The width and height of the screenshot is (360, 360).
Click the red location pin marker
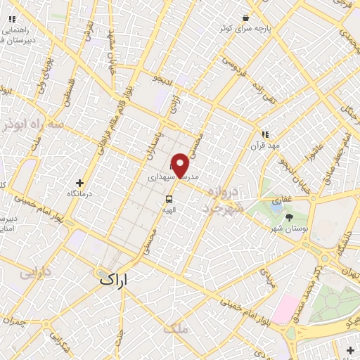click(x=181, y=165)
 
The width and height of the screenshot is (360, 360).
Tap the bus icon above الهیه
click(x=170, y=198)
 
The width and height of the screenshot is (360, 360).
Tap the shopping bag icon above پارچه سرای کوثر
click(x=245, y=17)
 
